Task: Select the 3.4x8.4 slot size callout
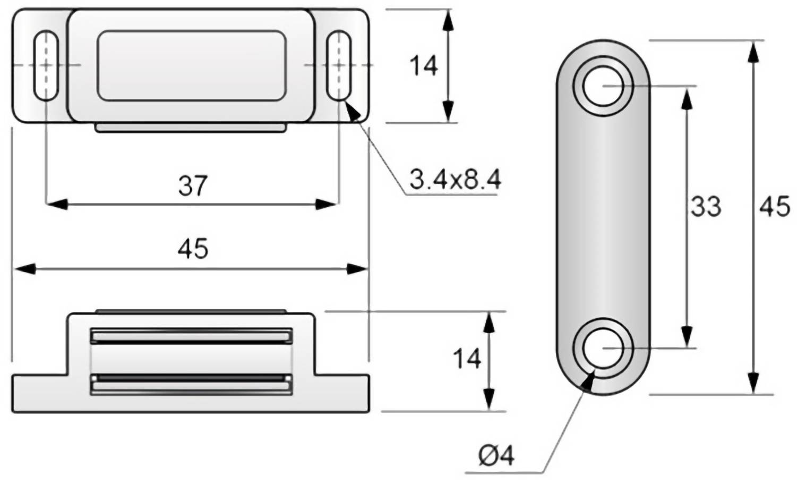(455, 181)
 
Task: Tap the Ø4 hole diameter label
(495, 456)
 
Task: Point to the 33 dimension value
(705, 206)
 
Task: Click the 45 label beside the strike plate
(775, 206)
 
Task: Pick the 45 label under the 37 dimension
(193, 249)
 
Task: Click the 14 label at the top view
(423, 66)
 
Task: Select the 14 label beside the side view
(467, 359)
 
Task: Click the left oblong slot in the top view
(46, 65)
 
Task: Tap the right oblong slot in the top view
(339, 65)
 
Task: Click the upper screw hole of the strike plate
(603, 86)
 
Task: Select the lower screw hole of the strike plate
(603, 348)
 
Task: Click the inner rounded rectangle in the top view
(191, 65)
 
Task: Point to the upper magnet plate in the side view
(191, 336)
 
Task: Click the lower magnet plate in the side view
(191, 384)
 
